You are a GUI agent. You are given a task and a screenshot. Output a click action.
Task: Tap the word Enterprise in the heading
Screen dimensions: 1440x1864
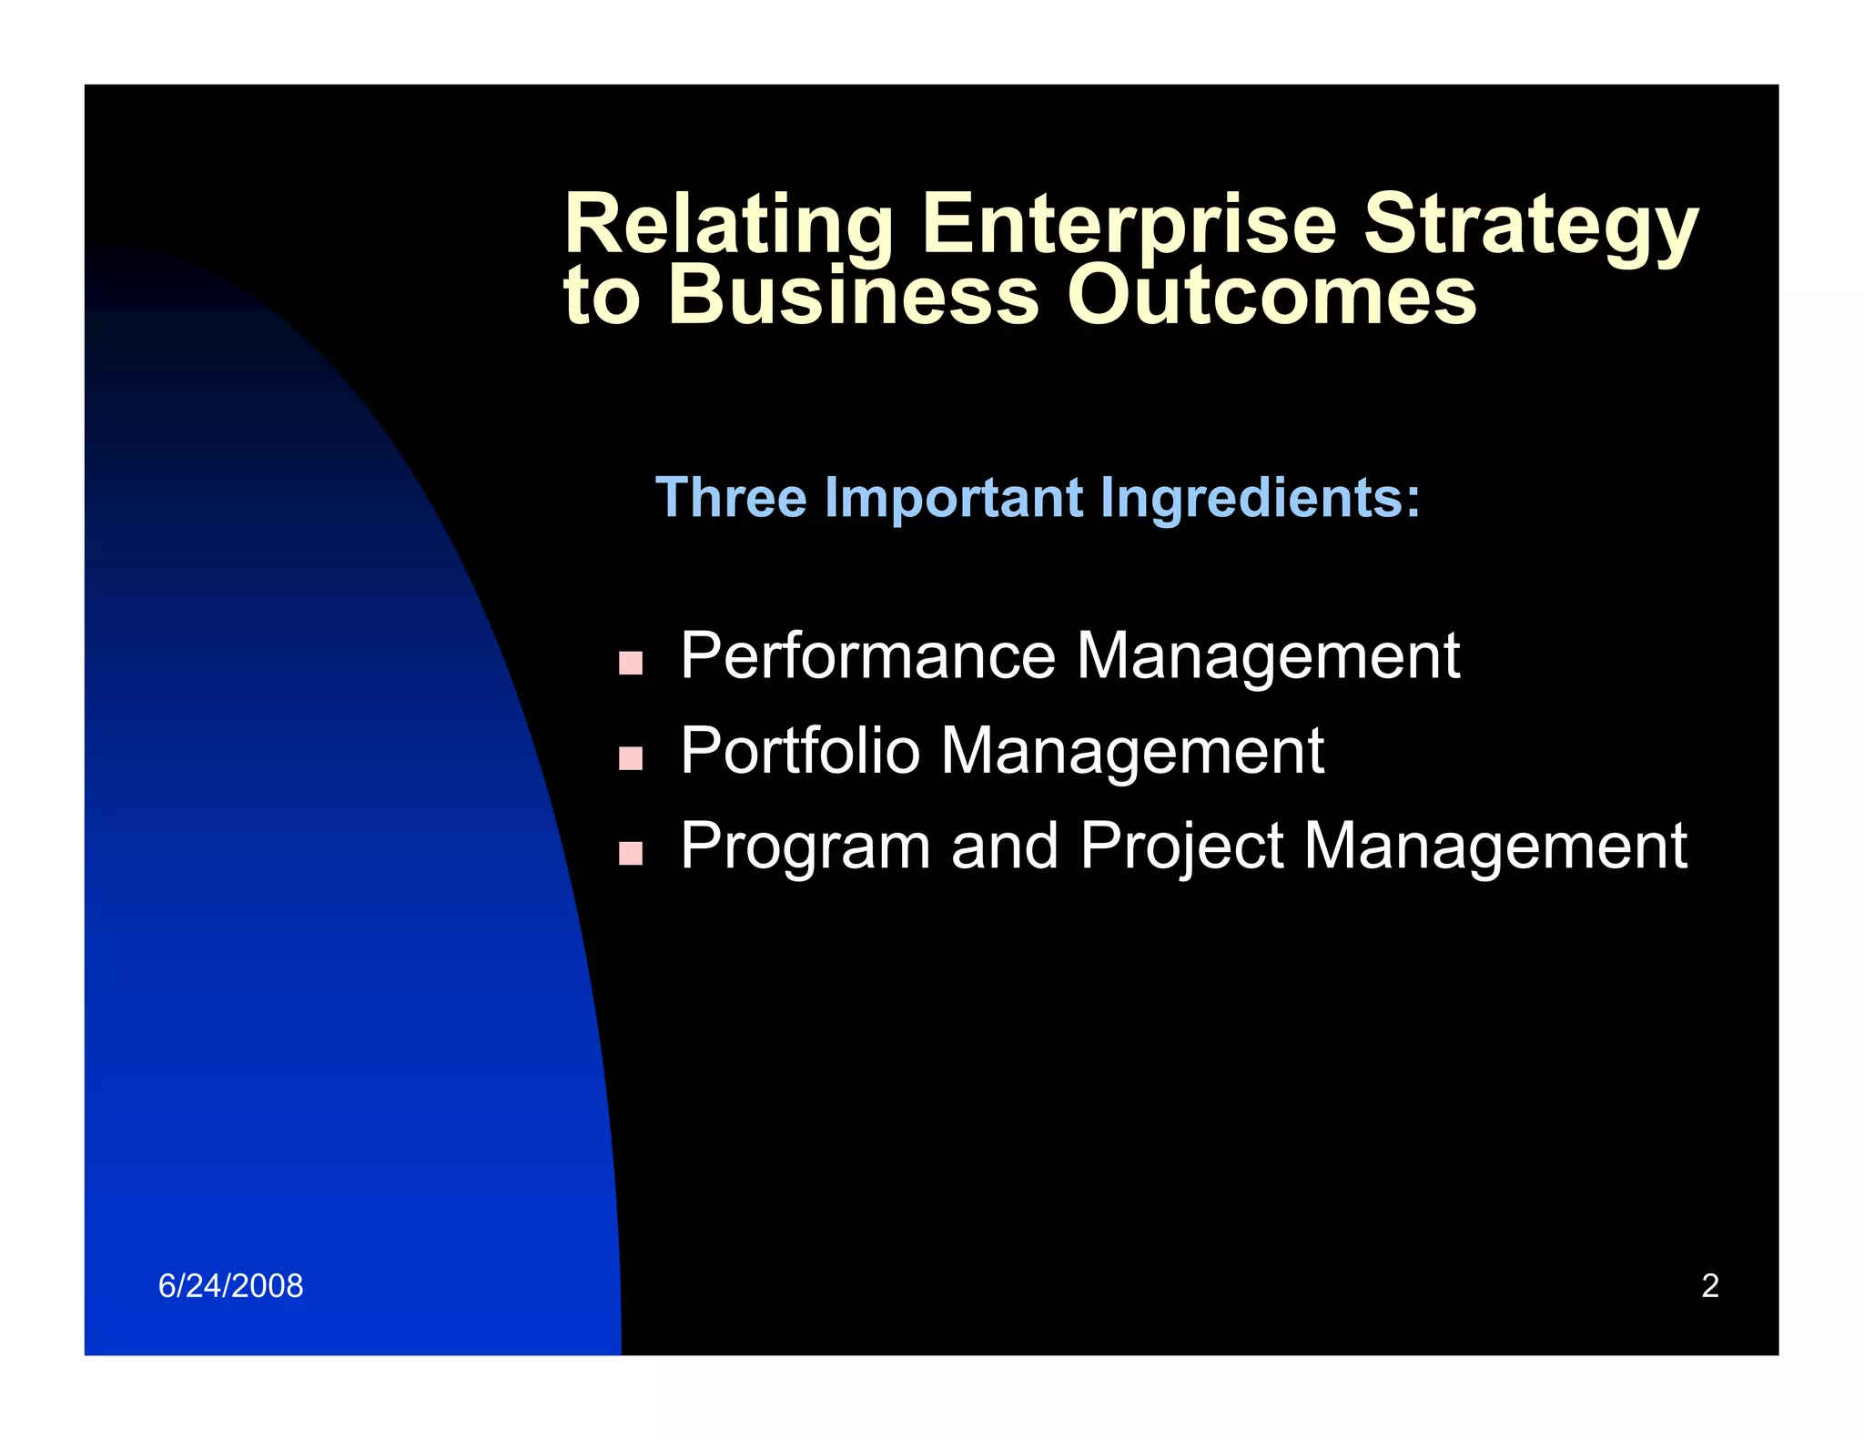(1129, 225)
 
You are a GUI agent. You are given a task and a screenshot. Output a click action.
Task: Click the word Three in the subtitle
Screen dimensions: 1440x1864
(731, 498)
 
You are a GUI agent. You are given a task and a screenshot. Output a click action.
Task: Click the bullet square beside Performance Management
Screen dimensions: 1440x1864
(630, 663)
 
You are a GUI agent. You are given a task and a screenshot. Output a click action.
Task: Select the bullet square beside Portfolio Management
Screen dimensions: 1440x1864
(630, 757)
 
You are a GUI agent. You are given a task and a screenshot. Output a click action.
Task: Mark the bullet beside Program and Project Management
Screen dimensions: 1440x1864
(630, 853)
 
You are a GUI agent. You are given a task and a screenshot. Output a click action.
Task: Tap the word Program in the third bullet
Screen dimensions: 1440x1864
(805, 847)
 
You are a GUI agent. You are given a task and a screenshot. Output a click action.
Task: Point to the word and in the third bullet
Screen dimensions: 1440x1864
(1005, 847)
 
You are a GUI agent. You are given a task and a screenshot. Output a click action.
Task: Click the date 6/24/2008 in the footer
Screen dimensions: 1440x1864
(230, 1286)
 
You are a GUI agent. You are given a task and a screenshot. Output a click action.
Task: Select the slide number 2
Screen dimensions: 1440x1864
(1710, 1286)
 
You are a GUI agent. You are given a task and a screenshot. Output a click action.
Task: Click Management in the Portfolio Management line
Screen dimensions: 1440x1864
(1131, 751)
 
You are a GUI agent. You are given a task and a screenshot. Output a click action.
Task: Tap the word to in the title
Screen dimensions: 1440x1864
(602, 296)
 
